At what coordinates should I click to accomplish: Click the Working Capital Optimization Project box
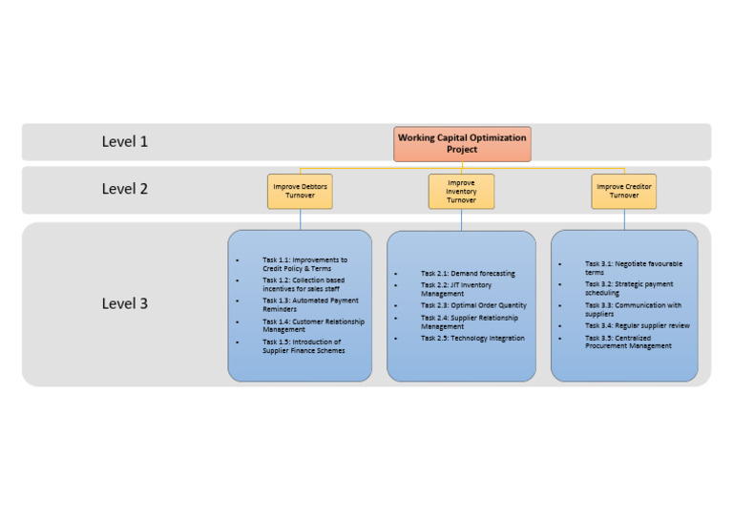pos(462,144)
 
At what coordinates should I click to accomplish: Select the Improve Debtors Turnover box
pos(300,191)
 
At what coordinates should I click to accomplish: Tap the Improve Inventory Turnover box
pos(461,191)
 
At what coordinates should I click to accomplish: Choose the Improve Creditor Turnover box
pos(624,191)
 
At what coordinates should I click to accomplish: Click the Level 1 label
pos(125,141)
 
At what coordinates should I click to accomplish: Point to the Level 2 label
pos(125,189)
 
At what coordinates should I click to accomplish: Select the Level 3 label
pos(125,303)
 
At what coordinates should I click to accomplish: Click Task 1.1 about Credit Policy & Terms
pos(305,263)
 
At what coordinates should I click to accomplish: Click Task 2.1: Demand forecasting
pos(468,274)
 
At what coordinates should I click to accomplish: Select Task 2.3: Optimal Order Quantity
pos(473,305)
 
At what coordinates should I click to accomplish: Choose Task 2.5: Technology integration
pos(472,338)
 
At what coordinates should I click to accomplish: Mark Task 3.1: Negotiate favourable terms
pos(634,267)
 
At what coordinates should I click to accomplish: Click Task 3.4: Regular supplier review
pos(638,325)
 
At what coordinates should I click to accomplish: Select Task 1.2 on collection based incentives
pos(304,284)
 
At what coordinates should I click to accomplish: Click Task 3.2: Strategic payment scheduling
pos(629,288)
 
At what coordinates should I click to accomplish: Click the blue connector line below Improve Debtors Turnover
pos(300,219)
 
